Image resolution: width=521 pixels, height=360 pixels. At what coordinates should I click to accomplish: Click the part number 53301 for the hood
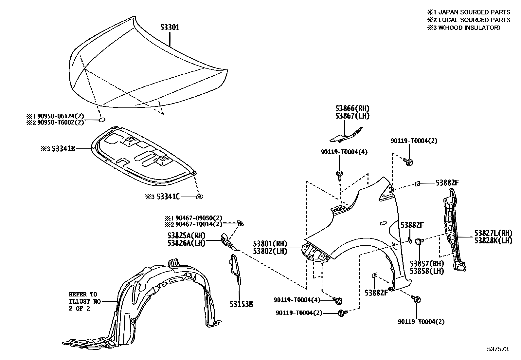170,28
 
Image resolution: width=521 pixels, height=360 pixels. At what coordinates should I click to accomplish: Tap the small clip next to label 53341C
199,196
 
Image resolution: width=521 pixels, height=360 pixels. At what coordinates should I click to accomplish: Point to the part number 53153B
241,304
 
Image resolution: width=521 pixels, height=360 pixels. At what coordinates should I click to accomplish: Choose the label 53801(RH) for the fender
270,244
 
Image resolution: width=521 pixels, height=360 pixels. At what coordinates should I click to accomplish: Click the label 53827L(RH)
493,233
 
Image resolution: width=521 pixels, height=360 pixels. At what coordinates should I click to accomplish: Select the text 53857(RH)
427,264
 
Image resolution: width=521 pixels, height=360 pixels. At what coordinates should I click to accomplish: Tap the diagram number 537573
499,349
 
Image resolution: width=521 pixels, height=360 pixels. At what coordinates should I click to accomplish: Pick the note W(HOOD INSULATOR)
469,28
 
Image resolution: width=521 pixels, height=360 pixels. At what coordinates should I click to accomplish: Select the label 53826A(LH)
186,243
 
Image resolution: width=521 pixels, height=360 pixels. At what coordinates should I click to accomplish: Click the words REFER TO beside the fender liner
83,294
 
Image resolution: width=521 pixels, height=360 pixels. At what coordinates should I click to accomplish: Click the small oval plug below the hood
102,120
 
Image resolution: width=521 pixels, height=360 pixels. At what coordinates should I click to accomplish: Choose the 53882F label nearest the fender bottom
376,293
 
